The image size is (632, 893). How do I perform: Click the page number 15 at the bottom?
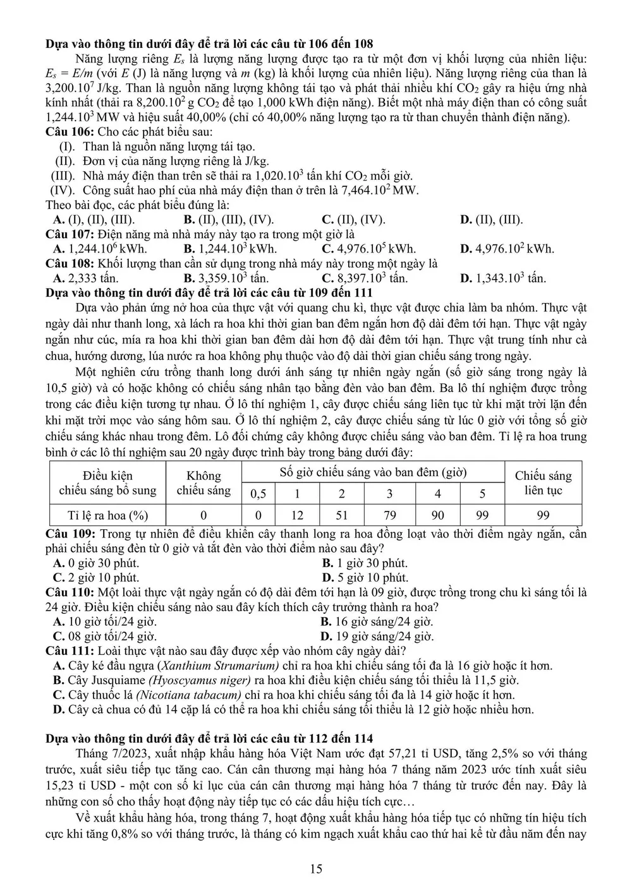tap(316, 869)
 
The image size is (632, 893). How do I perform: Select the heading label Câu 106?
tap(69, 132)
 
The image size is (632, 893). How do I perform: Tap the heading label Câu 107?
tap(69, 234)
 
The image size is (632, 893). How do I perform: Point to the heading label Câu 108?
tap(69, 263)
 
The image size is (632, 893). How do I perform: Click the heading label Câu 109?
tap(70, 534)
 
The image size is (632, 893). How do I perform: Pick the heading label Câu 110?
tap(70, 592)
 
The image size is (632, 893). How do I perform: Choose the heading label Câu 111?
tap(70, 650)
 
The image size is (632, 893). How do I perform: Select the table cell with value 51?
tap(341, 515)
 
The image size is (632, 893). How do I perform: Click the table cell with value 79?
tap(390, 515)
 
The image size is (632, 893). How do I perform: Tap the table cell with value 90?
tap(437, 515)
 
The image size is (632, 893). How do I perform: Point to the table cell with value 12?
tap(297, 515)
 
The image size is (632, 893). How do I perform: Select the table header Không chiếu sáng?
tap(204, 483)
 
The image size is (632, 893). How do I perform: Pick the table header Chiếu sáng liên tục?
tap(543, 483)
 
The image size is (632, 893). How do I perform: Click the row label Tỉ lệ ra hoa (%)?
tap(108, 515)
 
